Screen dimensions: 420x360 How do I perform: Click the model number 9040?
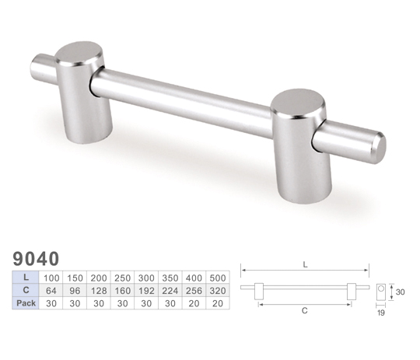[36, 259]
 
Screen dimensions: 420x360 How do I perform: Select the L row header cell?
[26, 277]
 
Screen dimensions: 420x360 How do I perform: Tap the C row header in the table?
[26, 290]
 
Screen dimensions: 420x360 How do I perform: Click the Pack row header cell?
[26, 303]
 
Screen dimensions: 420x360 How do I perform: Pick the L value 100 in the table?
[51, 278]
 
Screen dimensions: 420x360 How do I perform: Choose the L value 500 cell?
[218, 278]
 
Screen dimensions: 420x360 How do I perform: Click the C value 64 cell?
[51, 290]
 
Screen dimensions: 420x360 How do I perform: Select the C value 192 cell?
[146, 290]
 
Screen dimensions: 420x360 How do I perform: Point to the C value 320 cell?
[218, 290]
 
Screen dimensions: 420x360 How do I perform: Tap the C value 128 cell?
[99, 290]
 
